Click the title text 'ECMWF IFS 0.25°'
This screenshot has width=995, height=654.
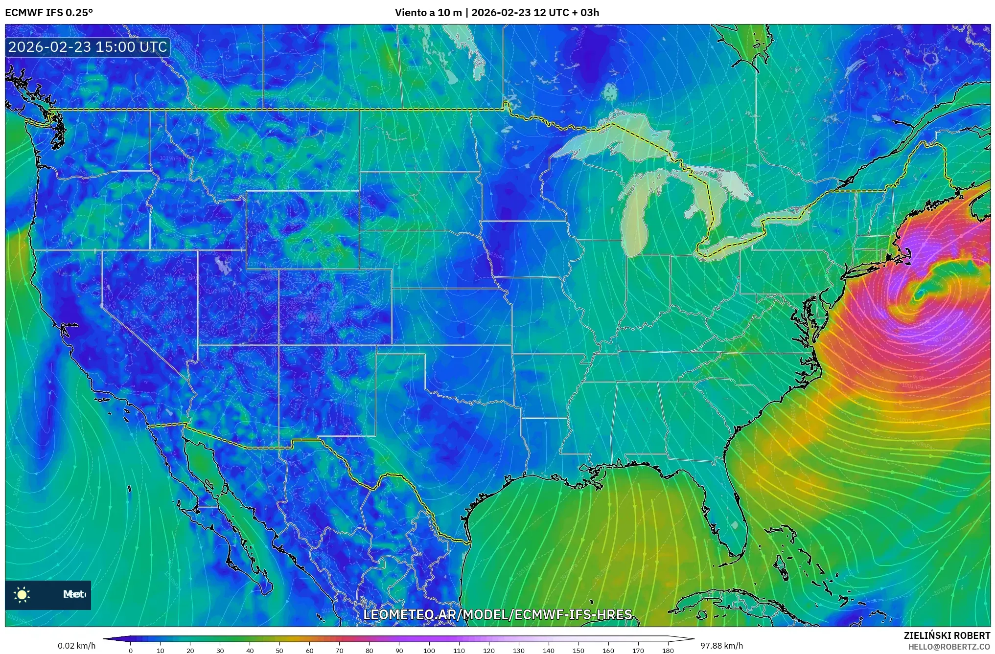(49, 13)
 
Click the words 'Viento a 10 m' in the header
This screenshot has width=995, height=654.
(428, 13)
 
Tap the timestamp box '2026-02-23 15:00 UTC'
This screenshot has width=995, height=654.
(88, 47)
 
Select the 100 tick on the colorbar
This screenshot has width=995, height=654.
(429, 650)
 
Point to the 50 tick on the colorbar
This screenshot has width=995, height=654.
(279, 650)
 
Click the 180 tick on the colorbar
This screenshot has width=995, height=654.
(668, 650)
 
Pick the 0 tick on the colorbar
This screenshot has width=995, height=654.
(131, 650)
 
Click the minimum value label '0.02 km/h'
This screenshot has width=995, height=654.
(76, 646)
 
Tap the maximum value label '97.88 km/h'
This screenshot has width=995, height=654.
(721, 646)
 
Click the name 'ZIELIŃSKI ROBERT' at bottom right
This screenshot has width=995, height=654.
(947, 635)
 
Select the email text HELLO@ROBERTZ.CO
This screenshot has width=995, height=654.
(949, 647)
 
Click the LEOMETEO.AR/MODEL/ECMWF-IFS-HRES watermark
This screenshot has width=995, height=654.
(498, 614)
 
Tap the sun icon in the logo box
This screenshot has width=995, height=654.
(22, 595)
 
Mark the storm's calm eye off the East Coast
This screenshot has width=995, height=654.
(919, 294)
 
